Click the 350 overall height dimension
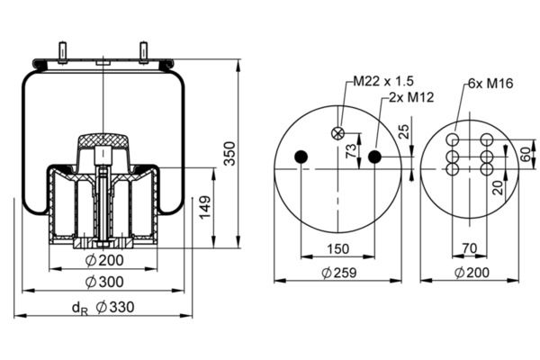(229, 153)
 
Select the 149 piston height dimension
(205, 207)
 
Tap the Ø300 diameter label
(104, 282)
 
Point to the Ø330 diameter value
(114, 307)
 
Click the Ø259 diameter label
(339, 273)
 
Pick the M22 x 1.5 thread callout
(383, 81)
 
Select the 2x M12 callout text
(411, 97)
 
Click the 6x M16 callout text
(490, 83)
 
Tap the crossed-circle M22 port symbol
(337, 133)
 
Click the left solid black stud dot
(301, 157)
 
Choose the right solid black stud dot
(374, 157)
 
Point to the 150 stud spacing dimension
(337, 248)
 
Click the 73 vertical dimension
(351, 151)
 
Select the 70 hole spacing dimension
(470, 248)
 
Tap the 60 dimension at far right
(526, 154)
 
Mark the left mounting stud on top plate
(63, 53)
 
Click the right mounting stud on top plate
(143, 53)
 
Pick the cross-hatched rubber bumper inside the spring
(103, 141)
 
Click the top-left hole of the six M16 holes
(453, 139)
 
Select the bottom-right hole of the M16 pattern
(487, 169)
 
